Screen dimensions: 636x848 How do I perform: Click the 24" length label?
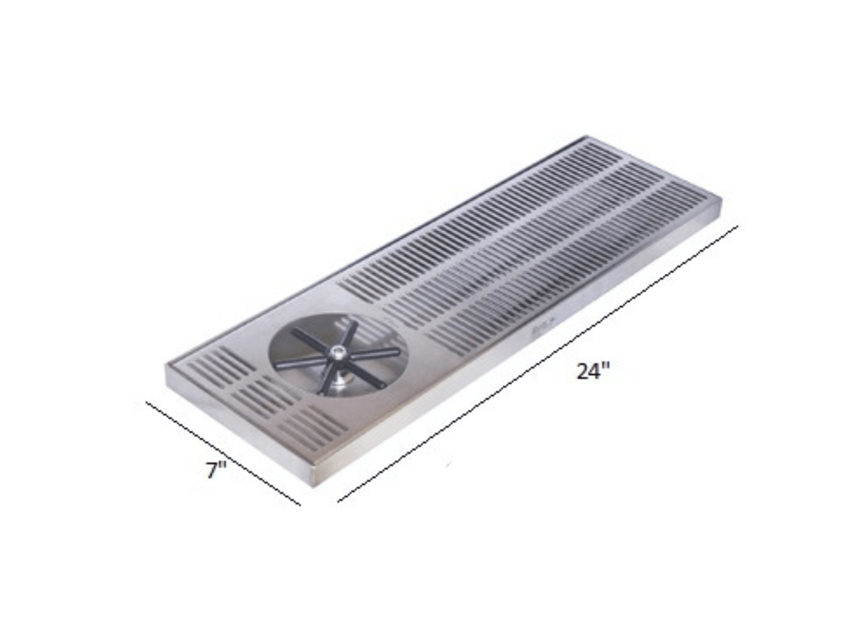pyautogui.click(x=593, y=371)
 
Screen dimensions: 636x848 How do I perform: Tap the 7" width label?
pyautogui.click(x=216, y=469)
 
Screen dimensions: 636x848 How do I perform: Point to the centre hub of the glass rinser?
pyautogui.click(x=339, y=352)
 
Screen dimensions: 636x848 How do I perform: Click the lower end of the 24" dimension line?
pyautogui.click(x=339, y=502)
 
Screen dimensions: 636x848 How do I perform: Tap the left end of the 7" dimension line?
pyautogui.click(x=147, y=402)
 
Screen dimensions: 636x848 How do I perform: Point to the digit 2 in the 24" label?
pyautogui.click(x=583, y=372)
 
